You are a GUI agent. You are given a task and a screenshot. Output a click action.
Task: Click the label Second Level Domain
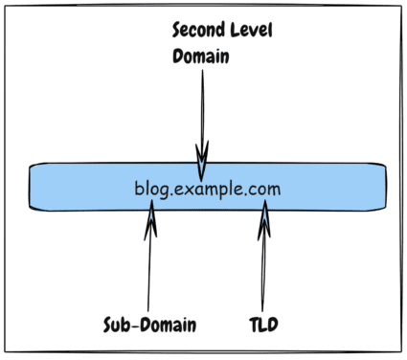click(222, 43)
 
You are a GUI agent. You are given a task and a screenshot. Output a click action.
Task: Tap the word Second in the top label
click(197, 31)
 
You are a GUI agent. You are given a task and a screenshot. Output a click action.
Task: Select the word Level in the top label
click(250, 31)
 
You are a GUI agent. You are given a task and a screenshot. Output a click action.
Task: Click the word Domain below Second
click(201, 56)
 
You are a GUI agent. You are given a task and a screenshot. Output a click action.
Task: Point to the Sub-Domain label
click(149, 324)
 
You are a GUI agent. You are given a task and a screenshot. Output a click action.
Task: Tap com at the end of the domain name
click(264, 189)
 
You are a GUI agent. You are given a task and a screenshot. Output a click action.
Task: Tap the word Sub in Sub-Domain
click(118, 324)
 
